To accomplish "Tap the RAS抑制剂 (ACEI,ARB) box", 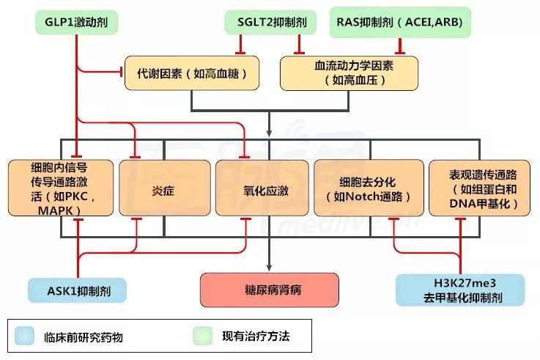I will point(400,22).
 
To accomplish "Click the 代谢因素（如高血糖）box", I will point(192,73).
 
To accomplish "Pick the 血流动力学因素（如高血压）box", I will point(349,73).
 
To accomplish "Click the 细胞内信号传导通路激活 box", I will point(61,188).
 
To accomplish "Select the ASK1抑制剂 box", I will point(77,290).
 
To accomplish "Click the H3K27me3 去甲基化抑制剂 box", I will point(459,290).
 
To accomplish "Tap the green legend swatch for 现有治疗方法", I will point(204,337).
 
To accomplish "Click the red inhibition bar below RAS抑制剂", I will point(400,51).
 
